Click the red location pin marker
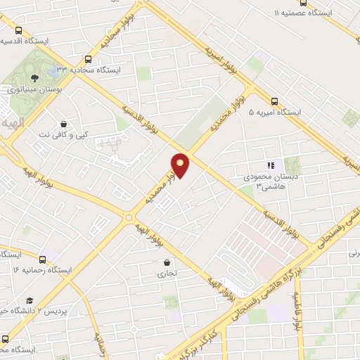pos(181,165)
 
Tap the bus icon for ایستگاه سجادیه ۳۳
pos(89,60)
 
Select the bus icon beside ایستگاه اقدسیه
pos(18,30)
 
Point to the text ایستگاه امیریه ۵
pos(277,112)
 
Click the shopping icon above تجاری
pos(164,263)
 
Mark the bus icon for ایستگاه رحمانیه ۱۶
pos(44,259)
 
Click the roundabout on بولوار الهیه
pos(129,218)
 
